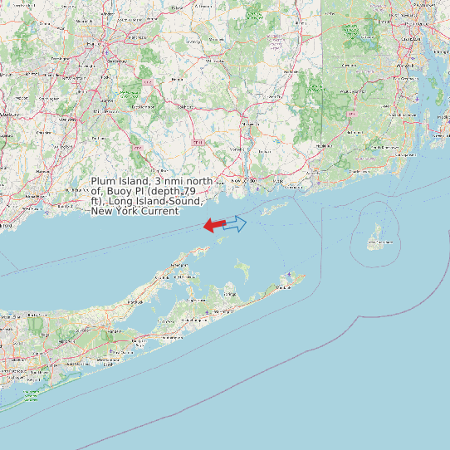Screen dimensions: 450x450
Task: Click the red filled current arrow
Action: [x=214, y=225]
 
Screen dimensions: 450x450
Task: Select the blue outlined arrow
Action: [x=236, y=223]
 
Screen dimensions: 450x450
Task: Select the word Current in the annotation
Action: [x=159, y=211]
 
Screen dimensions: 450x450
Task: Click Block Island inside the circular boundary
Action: [x=375, y=237]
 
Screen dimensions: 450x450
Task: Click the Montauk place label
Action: [x=286, y=286]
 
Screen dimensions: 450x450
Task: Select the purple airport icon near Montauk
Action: [x=289, y=276]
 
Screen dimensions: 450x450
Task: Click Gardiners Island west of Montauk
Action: [x=242, y=269]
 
